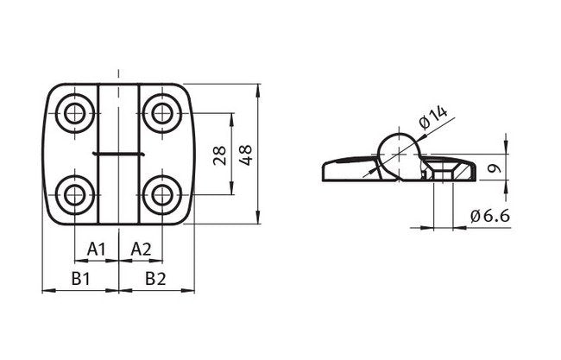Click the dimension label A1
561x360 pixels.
[x=97, y=249]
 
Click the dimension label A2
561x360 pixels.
[x=141, y=249]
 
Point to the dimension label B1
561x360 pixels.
[x=82, y=278]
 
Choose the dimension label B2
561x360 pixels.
[x=155, y=278]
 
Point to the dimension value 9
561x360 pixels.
[x=491, y=170]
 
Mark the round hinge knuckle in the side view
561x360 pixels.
[x=398, y=153]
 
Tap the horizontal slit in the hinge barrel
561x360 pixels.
[x=118, y=153]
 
